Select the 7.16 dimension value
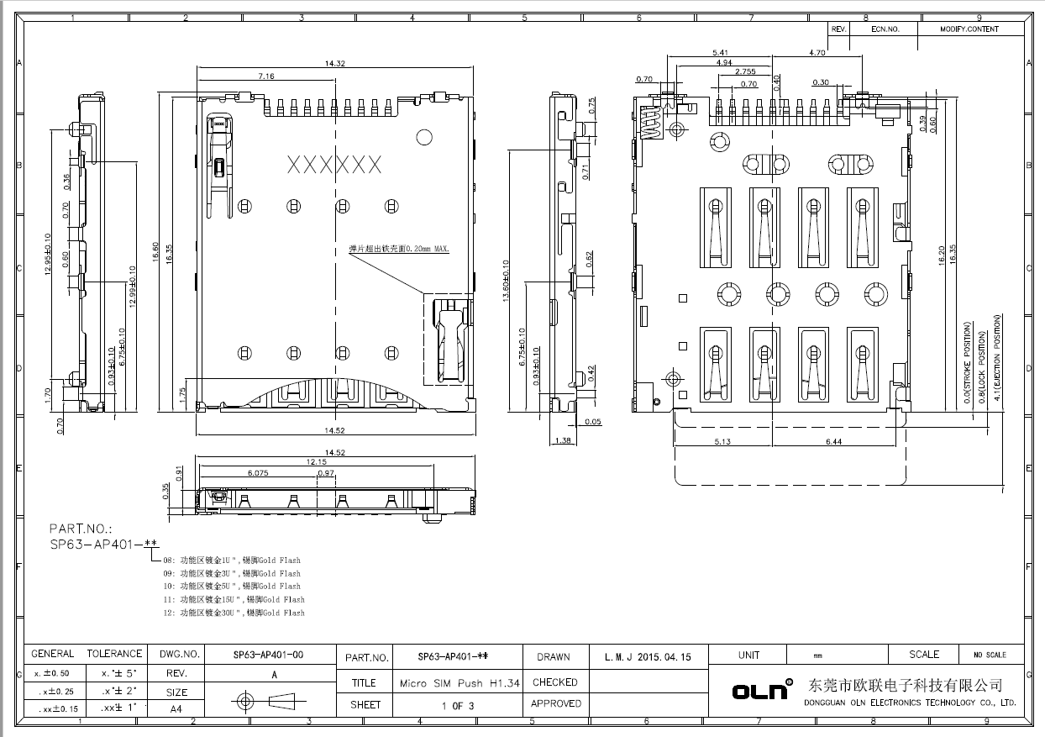pos(266,76)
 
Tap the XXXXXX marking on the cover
pos(334,164)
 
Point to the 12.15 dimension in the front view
pos(316,461)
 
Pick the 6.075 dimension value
pos(258,473)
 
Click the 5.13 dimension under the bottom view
pos(722,441)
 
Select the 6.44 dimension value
pos(833,441)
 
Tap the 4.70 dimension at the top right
pos(817,52)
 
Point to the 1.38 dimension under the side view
pos(563,440)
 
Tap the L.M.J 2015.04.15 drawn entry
pos(647,657)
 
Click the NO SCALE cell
pos(989,655)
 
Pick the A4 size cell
pos(176,708)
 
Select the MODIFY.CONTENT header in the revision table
pos(969,29)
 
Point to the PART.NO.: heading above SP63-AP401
pos(80,529)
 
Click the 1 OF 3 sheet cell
pos(458,706)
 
